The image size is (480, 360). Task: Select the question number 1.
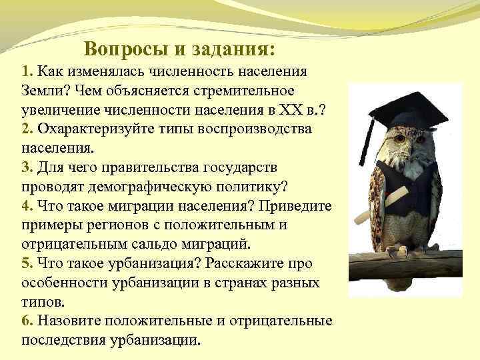[x=26, y=71]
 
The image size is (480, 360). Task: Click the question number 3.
[x=27, y=166]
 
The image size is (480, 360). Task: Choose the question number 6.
[x=27, y=321]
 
